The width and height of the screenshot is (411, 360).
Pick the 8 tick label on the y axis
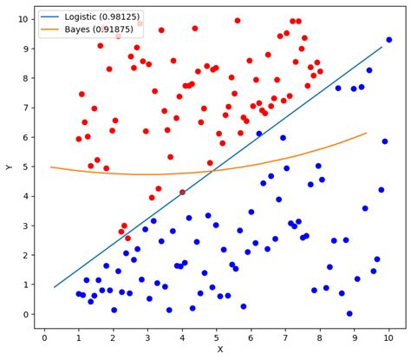[21, 74]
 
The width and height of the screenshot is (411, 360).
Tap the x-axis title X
[219, 350]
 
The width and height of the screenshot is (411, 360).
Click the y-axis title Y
[8, 167]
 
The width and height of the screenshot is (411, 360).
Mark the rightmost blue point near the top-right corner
[388, 39]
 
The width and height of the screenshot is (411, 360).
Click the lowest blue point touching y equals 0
[349, 313]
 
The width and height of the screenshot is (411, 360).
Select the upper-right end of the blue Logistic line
[382, 46]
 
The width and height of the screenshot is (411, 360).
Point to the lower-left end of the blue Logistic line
[54, 287]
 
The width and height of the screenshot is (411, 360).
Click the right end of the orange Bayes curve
[366, 133]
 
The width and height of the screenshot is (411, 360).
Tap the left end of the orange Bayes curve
[50, 167]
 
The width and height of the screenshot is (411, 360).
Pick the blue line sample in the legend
[50, 16]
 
